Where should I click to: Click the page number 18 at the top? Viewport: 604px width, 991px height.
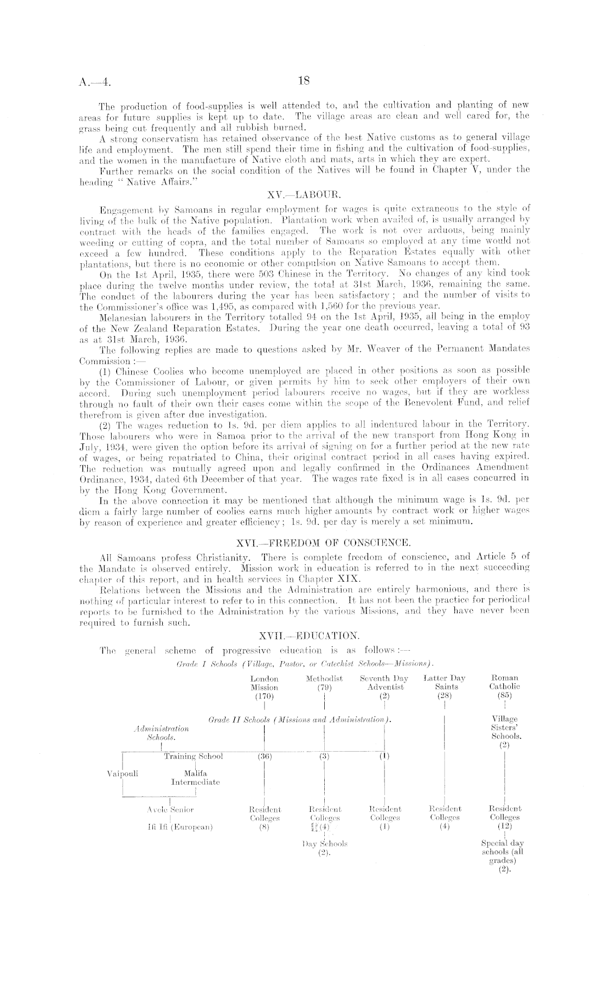(303, 81)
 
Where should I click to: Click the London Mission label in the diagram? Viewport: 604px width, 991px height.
(264, 683)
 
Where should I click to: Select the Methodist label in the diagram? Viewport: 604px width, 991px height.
(324, 678)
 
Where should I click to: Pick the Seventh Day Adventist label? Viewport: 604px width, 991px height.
(384, 683)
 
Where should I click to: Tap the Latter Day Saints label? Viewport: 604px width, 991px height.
(445, 683)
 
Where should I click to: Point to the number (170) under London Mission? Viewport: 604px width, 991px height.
(264, 696)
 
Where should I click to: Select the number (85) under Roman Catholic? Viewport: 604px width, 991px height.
(504, 695)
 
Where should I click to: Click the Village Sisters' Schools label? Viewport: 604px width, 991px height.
(504, 728)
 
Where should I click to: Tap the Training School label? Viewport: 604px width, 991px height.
(193, 756)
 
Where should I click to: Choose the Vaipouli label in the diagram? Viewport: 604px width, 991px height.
(123, 773)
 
